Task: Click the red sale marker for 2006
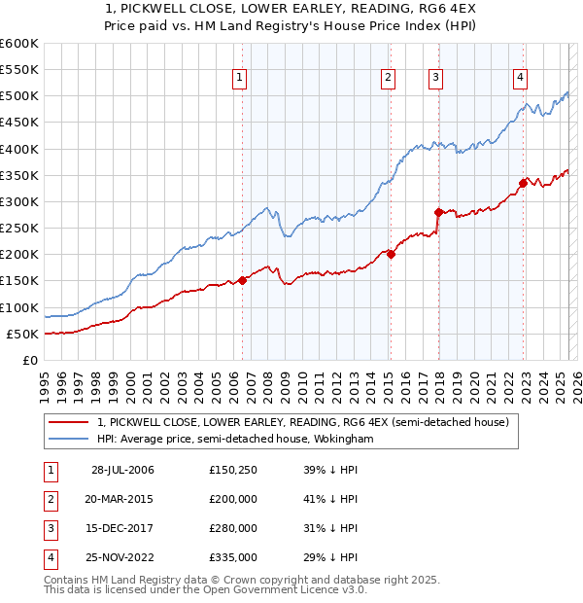pyautogui.click(x=243, y=281)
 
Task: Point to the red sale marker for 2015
pyautogui.click(x=391, y=255)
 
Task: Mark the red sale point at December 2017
pyautogui.click(x=438, y=212)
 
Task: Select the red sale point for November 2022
pyautogui.click(x=523, y=183)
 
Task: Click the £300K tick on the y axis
pyautogui.click(x=19, y=201)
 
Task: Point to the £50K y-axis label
pyautogui.click(x=22, y=334)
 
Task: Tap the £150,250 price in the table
pyautogui.click(x=233, y=470)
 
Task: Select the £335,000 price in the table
pyautogui.click(x=233, y=557)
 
